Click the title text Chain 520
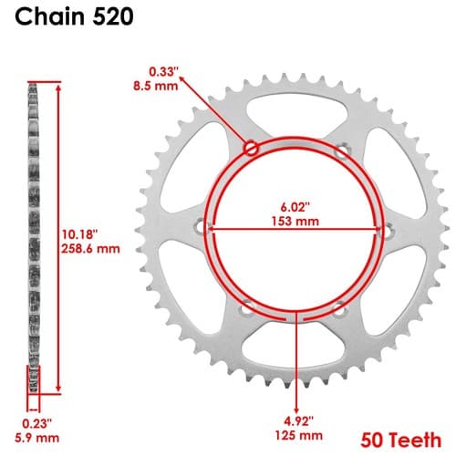point(74,16)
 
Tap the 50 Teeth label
point(400,440)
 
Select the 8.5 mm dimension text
point(156,86)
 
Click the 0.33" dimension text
point(163,72)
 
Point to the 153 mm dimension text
point(295,221)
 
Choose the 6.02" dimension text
point(295,207)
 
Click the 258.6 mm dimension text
point(90,249)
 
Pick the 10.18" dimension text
point(79,234)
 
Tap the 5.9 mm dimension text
point(37,438)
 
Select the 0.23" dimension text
point(37,423)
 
